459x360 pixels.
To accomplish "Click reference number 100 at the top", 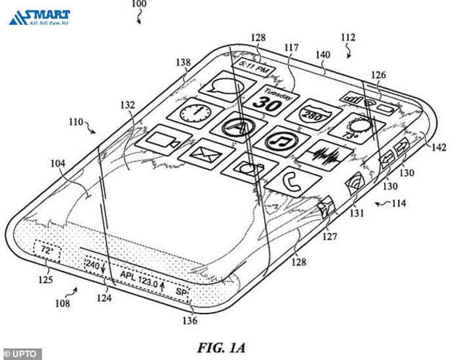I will coord(139,5).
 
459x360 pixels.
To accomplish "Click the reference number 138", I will coord(183,63).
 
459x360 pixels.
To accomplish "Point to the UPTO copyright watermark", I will coord(21,354).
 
